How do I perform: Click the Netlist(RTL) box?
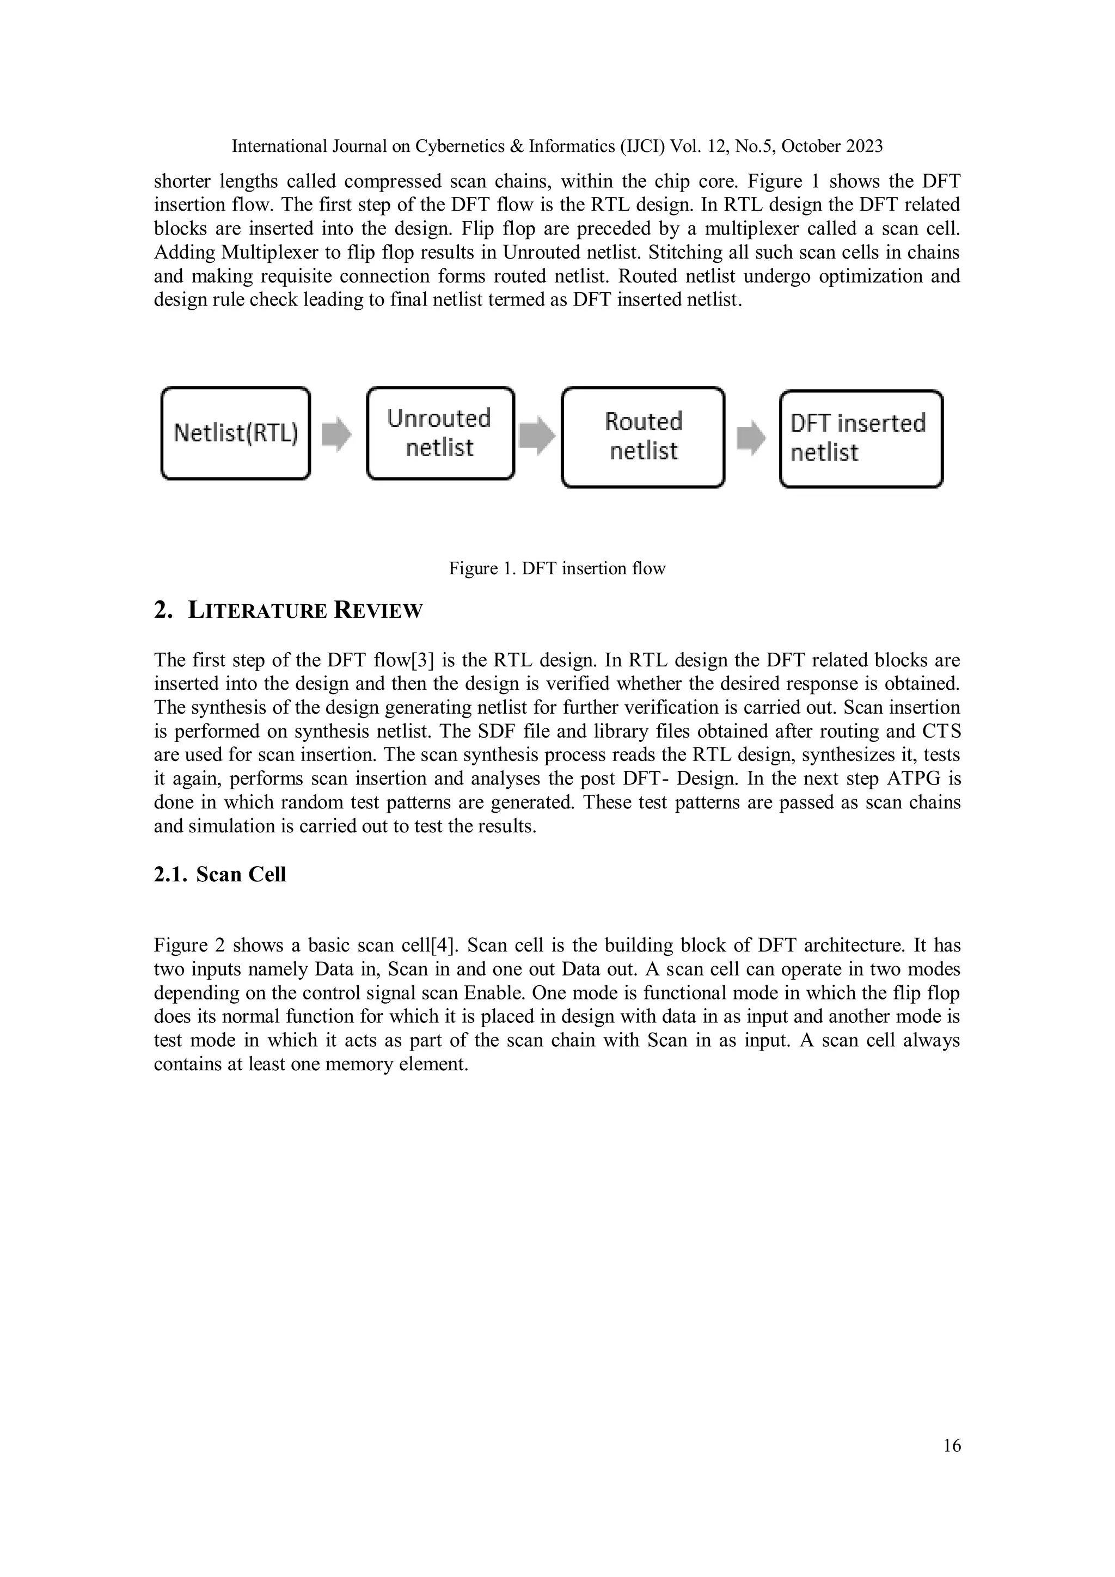coord(235,433)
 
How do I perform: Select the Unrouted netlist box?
coord(440,433)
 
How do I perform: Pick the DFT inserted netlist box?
coord(860,438)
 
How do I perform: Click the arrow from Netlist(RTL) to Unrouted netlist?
coord(336,434)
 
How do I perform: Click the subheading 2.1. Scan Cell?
coord(220,874)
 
